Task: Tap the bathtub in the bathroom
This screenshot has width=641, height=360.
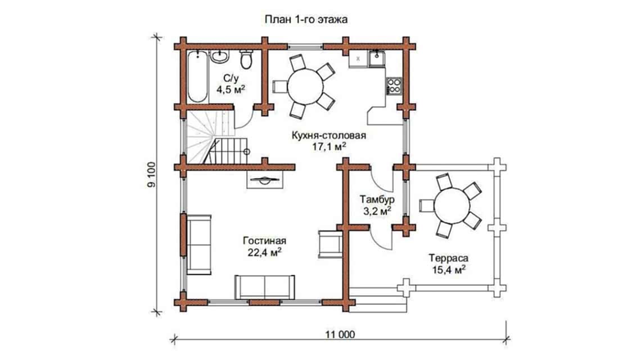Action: [197, 76]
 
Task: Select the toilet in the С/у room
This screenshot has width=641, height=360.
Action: [246, 58]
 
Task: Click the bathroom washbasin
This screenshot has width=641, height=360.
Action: [220, 56]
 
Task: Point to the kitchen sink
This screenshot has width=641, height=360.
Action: [376, 57]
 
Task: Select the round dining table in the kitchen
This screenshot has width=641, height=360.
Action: [306, 87]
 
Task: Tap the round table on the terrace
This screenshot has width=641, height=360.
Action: [455, 206]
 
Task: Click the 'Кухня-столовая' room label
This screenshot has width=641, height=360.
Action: [329, 136]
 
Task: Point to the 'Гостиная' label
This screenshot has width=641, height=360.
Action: [262, 240]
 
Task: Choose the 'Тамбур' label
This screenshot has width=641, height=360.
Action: [377, 200]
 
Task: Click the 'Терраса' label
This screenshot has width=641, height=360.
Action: [448, 258]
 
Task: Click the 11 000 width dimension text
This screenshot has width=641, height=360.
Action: [340, 335]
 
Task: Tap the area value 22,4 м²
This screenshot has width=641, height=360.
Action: [262, 252]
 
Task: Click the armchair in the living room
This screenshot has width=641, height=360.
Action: [330, 244]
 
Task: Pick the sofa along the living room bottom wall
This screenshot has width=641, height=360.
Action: [264, 287]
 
